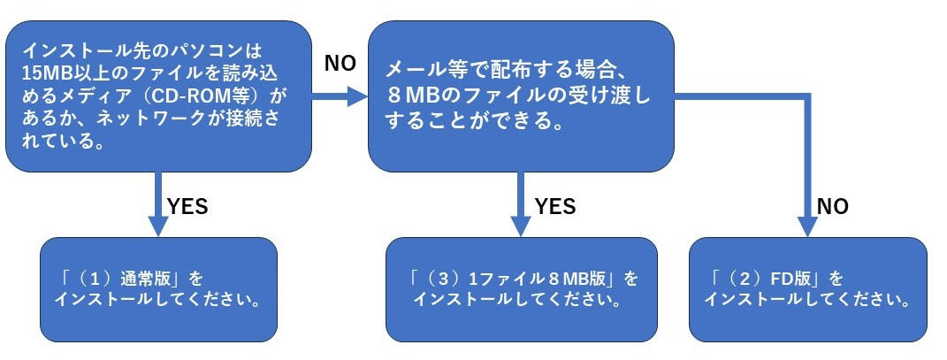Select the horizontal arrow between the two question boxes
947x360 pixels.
coord(340,96)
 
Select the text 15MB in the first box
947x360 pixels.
coord(40,72)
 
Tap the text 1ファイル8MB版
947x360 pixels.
coord(540,279)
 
